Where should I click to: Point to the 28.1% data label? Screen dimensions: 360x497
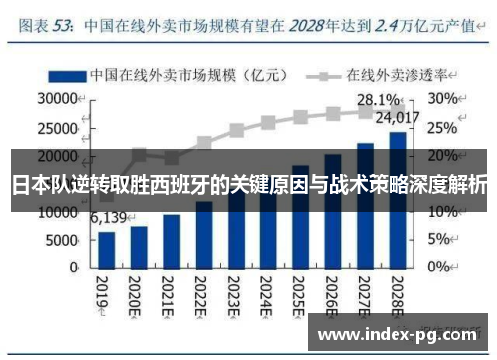pos(378,99)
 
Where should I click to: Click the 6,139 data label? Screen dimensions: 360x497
pos(109,218)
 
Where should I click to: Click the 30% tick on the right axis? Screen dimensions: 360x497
pos(443,99)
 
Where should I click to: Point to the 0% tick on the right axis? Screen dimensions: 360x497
pos(439,268)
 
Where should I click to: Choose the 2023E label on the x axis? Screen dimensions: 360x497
pos(236,295)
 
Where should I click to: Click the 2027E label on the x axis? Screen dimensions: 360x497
pos(365,295)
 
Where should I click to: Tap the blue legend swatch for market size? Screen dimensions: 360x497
pos(64,75)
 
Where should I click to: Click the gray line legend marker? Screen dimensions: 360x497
pos(322,75)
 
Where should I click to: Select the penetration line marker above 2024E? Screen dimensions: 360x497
pos(267,123)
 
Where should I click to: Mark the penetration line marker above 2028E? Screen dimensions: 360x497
pos(396,109)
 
